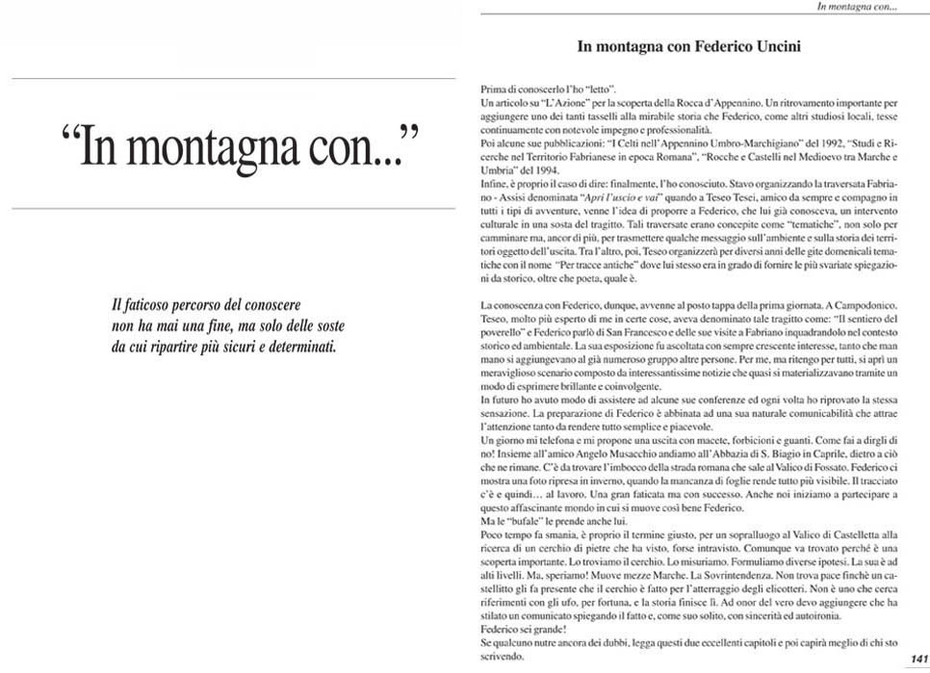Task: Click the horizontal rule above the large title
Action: pos(227,78)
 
